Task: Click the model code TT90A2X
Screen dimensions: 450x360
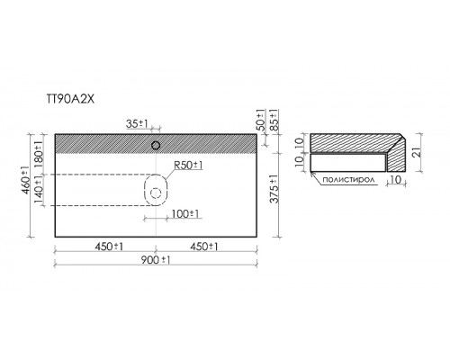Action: coord(70,99)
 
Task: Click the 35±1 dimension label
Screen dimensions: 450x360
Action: coord(137,123)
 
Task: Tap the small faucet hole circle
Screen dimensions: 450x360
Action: coord(156,146)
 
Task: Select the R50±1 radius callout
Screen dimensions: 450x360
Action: coord(188,165)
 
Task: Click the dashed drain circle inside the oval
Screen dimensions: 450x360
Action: coord(156,193)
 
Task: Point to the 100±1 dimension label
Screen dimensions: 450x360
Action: coord(185,214)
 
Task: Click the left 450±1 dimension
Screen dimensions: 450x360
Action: coord(109,247)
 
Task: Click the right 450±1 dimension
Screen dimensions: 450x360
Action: coord(204,247)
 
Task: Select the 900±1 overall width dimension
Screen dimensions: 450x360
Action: coord(156,260)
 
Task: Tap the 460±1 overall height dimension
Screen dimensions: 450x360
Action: coord(26,180)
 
